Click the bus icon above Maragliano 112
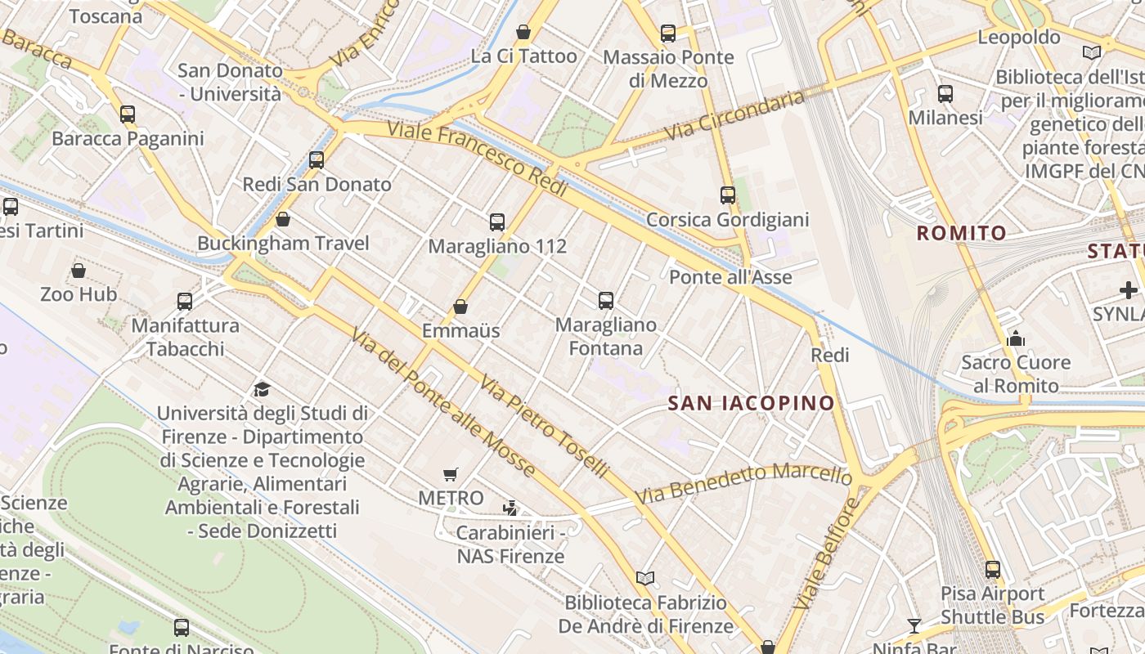496,222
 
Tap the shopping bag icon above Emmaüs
460,307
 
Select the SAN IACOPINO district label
751,403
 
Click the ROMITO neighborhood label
961,234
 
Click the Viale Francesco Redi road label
477,159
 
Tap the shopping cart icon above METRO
450,474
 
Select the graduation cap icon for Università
262,389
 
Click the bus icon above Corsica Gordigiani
727,195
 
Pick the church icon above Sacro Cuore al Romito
1016,338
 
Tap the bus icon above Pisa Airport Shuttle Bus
992,570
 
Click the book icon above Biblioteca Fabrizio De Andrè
645,579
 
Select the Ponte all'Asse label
730,277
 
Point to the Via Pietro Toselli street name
544,427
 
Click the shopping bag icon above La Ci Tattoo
523,33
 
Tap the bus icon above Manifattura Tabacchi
185,302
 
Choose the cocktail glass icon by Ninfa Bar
914,626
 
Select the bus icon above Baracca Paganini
128,114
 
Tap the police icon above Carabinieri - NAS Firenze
510,508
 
